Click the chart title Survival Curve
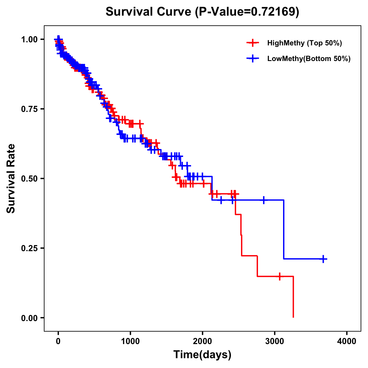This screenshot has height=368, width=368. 202,12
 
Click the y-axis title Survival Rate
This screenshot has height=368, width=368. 11,178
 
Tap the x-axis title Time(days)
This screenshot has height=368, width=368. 202,355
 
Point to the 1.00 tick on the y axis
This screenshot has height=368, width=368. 29,39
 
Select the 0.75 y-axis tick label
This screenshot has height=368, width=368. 29,109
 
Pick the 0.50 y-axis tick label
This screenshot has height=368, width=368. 29,178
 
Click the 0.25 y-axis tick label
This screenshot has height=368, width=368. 29,248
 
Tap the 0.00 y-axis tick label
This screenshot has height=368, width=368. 29,318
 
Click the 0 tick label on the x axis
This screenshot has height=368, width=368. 58,341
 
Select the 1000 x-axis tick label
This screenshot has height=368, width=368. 130,341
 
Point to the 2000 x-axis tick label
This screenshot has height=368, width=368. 202,341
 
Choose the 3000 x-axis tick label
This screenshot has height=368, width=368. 275,341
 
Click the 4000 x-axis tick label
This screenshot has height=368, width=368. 347,341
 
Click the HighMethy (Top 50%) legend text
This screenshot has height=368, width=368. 305,43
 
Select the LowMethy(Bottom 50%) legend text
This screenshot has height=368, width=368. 309,59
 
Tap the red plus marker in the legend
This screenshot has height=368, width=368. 252,43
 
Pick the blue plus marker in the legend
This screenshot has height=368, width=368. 252,59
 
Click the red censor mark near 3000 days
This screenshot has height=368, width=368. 279,276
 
